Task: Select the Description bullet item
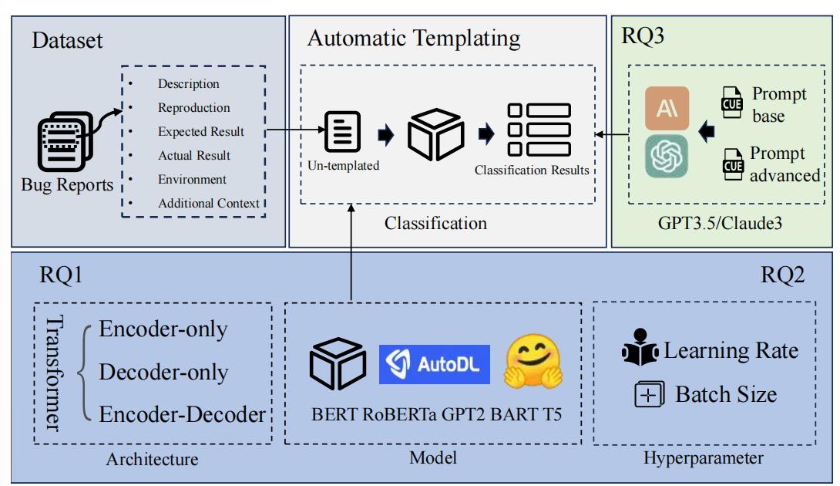(x=188, y=84)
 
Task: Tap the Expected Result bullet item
(x=200, y=132)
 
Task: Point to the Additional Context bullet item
(x=208, y=204)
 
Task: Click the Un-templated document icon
(x=343, y=132)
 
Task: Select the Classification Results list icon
(x=539, y=130)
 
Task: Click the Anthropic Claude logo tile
(x=667, y=108)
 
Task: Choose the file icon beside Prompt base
(x=731, y=103)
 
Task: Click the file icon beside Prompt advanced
(x=732, y=164)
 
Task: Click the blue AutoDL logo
(x=435, y=364)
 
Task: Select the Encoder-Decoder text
(x=182, y=414)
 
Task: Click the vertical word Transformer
(x=53, y=373)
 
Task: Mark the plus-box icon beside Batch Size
(x=649, y=395)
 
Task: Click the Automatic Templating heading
(x=413, y=39)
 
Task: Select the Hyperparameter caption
(x=703, y=458)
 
